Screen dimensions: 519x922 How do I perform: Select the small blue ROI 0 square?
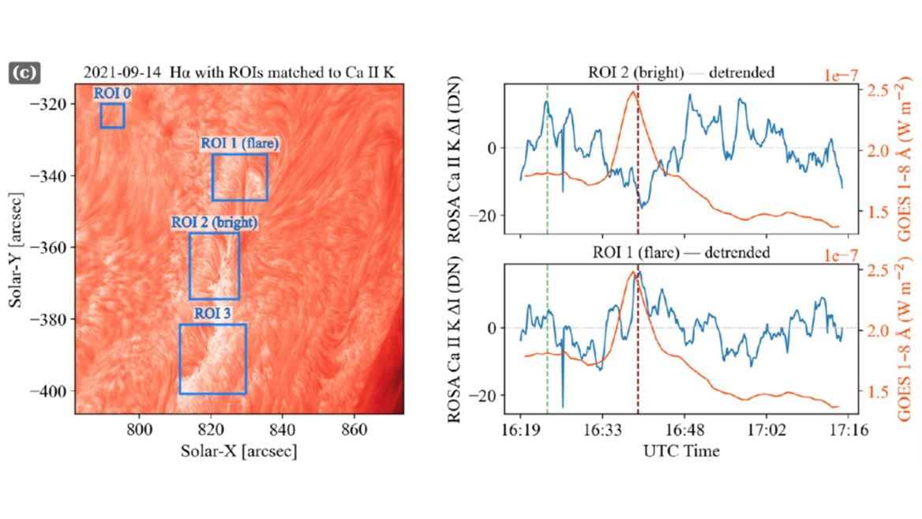click(x=112, y=115)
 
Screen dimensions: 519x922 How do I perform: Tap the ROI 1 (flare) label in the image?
click(x=239, y=144)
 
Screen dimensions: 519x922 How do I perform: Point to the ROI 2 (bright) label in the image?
click(x=215, y=222)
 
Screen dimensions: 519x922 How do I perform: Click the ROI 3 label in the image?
click(x=212, y=314)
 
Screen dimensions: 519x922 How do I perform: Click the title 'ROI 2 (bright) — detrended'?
click(x=681, y=73)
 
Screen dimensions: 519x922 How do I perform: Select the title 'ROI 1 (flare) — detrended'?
click(x=681, y=253)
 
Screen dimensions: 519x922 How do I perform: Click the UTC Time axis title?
click(x=681, y=451)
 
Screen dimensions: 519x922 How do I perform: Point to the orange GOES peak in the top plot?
click(x=632, y=92)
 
